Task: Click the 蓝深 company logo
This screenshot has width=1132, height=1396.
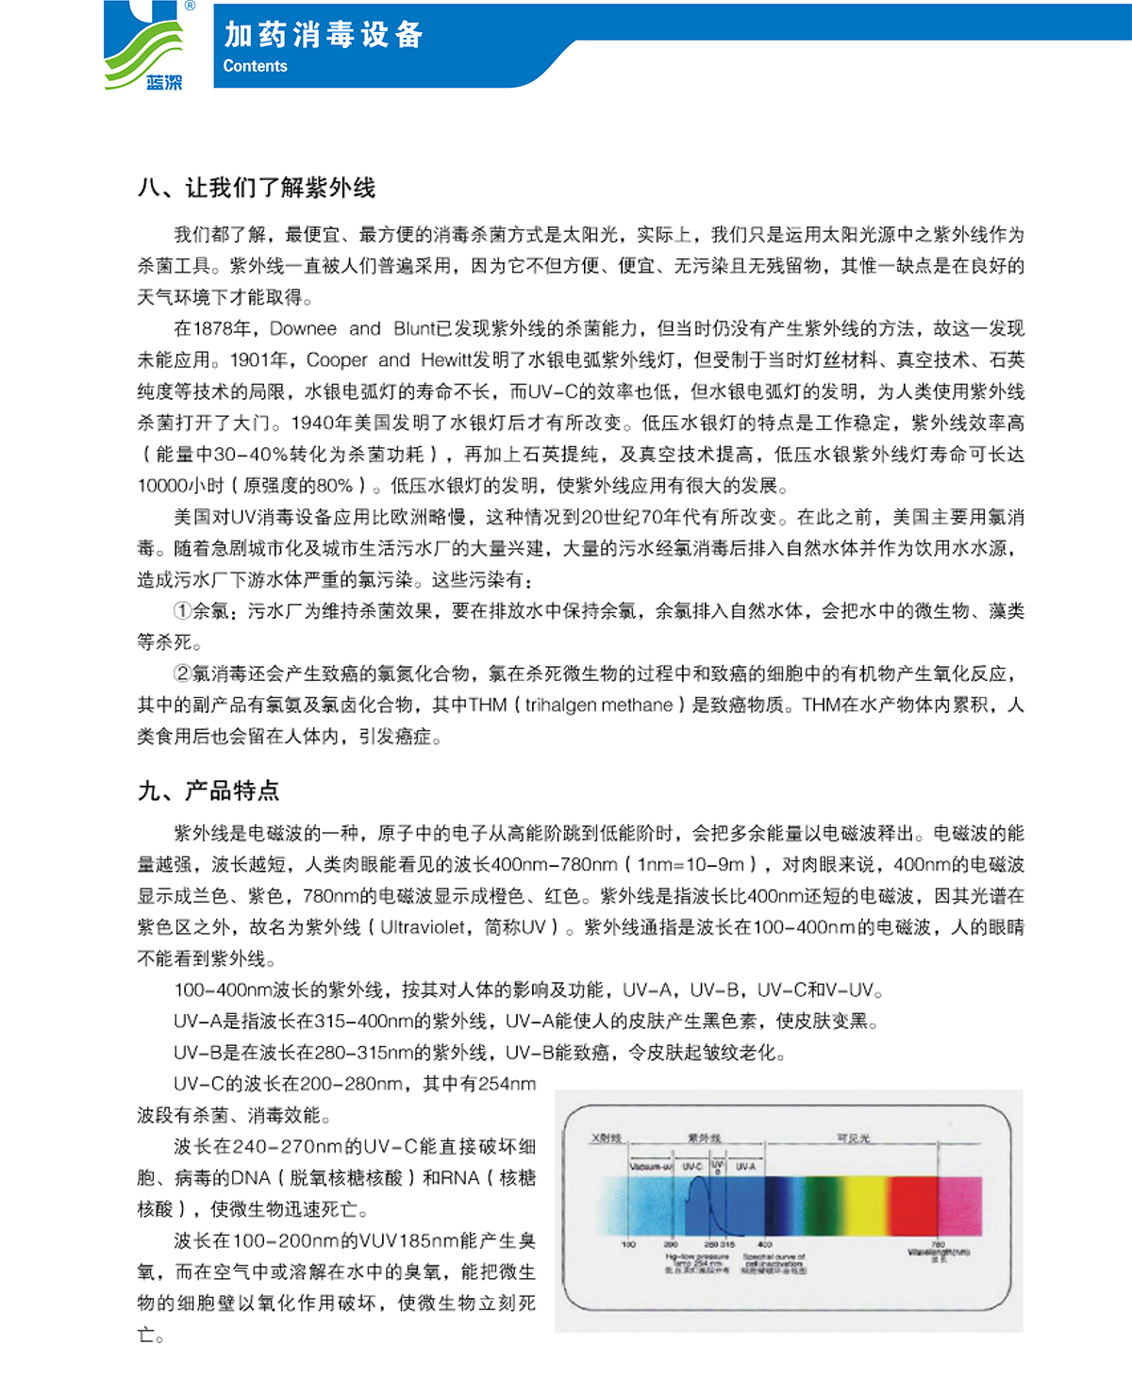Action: click(x=143, y=47)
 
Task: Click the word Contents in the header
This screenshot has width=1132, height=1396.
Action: click(x=255, y=66)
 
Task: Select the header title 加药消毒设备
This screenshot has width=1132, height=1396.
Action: click(x=323, y=35)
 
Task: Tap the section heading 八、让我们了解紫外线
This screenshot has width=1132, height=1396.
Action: click(x=257, y=188)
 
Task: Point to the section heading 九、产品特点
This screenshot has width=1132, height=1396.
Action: click(x=208, y=790)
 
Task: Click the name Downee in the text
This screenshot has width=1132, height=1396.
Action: click(x=303, y=328)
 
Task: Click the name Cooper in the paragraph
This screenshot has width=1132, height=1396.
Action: click(x=337, y=359)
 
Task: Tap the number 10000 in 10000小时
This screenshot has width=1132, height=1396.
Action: click(x=162, y=486)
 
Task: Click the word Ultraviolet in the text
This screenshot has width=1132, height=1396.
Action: click(x=423, y=927)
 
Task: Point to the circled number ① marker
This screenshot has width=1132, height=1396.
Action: click(x=183, y=611)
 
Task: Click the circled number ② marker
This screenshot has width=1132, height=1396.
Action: click(x=183, y=673)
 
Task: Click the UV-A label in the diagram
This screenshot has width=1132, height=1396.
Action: click(x=745, y=1167)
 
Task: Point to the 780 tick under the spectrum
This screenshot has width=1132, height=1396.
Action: click(x=938, y=1245)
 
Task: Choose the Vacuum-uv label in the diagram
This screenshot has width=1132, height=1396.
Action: click(x=650, y=1167)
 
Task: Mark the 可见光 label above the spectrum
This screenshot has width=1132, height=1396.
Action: click(x=853, y=1138)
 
